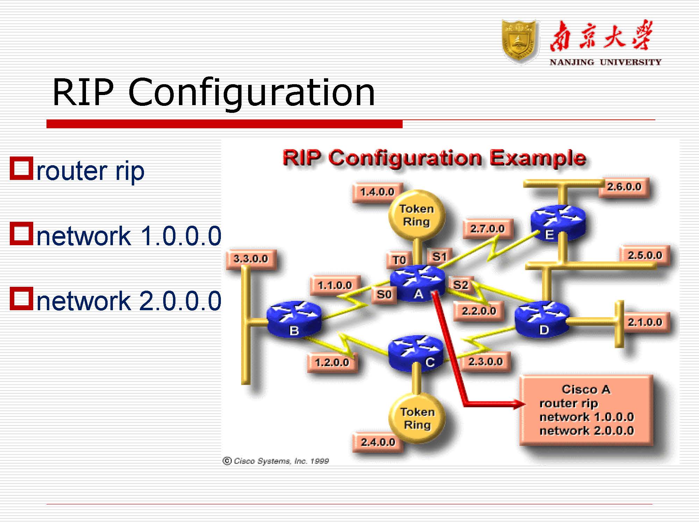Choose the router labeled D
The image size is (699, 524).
[542, 319]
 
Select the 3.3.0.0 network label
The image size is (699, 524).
[251, 259]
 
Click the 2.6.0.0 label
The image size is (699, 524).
[624, 187]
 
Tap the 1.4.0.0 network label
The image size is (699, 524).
[377, 192]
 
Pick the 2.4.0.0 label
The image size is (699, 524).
[378, 442]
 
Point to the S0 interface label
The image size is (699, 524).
[384, 295]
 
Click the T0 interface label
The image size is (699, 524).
[399, 260]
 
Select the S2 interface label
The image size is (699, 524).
[460, 285]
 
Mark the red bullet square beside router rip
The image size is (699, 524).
[21, 168]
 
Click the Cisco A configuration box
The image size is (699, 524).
[586, 410]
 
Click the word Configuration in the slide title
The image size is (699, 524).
[251, 92]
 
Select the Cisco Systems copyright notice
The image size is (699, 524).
[276, 461]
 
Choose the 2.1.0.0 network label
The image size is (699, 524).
[644, 322]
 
